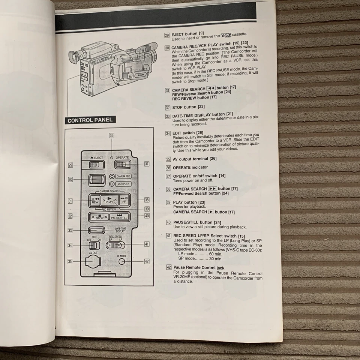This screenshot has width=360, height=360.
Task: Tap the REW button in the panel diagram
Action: [95, 200]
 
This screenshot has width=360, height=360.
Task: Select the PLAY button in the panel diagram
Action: [109, 200]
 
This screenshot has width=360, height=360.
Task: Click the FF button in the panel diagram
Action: [124, 200]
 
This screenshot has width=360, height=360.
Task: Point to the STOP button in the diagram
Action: [99, 217]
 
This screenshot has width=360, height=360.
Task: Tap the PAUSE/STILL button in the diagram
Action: [119, 217]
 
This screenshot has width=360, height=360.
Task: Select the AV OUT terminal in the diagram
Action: [93, 262]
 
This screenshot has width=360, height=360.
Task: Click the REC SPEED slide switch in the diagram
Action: [115, 246]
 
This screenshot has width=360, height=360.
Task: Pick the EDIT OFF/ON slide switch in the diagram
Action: [94, 246]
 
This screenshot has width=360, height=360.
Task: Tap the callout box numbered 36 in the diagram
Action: [111, 136]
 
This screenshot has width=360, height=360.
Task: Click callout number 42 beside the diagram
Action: [147, 261]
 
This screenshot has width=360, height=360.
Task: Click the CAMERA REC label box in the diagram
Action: [123, 176]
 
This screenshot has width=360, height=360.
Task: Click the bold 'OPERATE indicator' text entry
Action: [190, 167]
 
